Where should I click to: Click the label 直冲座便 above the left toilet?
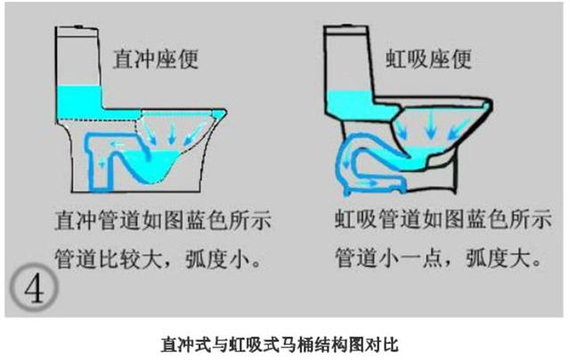click(156, 59)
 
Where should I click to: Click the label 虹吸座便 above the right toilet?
click(428, 59)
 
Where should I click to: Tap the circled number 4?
click(34, 287)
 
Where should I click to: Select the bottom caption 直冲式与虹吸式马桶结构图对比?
click(280, 344)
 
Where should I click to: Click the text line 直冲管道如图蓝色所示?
click(163, 219)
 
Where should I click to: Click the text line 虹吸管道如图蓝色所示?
click(444, 218)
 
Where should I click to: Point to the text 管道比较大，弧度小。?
click(158, 258)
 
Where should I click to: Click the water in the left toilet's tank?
click(79, 102)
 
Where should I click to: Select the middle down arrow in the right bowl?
click(431, 125)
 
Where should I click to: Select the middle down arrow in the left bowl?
click(172, 133)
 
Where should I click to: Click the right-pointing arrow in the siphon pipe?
click(366, 182)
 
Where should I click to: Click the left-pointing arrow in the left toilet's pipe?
click(118, 145)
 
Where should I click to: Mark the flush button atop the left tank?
click(78, 27)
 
